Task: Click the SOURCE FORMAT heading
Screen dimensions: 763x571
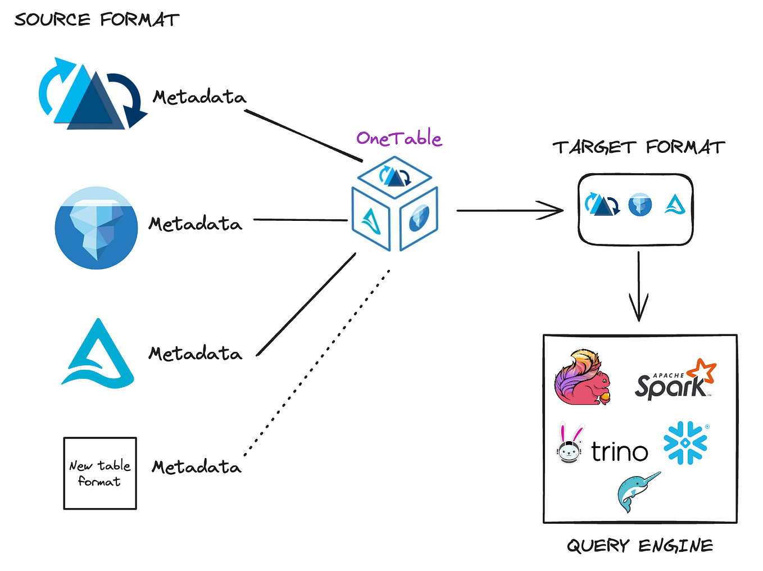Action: click(97, 20)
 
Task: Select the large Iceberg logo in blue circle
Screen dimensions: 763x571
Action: click(96, 228)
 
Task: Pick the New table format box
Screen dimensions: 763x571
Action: click(100, 473)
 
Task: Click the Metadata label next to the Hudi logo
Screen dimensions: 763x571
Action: click(199, 97)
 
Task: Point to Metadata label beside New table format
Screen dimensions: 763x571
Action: click(197, 467)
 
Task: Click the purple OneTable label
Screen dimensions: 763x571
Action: click(399, 138)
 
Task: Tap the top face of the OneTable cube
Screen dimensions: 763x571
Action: click(395, 176)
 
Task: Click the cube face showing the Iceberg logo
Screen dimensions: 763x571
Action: click(419, 219)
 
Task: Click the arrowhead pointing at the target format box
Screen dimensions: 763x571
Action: click(553, 211)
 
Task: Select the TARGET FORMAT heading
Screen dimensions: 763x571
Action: click(639, 147)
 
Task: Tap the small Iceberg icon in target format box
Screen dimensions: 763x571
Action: click(640, 205)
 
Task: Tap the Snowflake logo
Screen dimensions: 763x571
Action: click(685, 443)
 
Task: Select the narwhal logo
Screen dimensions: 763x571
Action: click(637, 491)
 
